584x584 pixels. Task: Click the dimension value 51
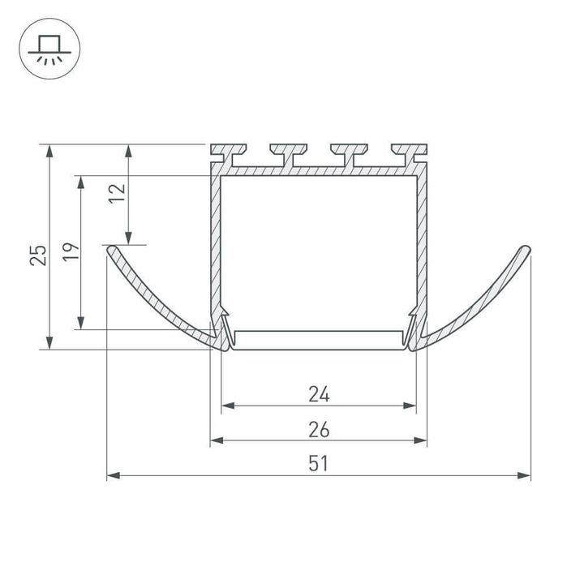319,464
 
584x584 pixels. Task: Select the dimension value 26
319,429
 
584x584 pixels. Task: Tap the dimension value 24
319,394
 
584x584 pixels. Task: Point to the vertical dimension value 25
38,255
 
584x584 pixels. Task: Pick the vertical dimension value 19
71,251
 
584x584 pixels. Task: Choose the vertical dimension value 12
117,193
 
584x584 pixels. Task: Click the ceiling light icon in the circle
49,49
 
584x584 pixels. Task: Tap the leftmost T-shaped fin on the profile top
228,155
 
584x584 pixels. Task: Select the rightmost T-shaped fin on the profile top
410,155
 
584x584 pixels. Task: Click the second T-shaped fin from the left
289,155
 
